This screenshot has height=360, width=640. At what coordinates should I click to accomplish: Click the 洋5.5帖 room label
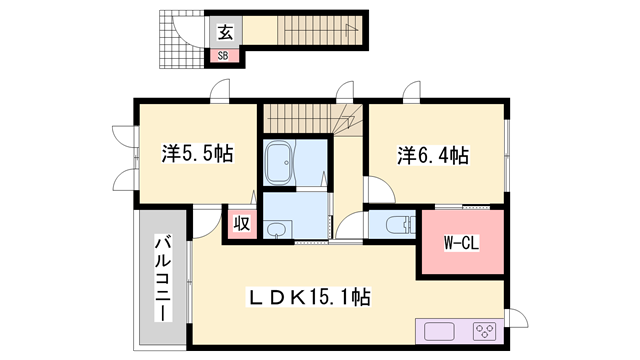[198, 155]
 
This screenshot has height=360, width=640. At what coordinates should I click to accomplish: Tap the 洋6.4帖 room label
[433, 155]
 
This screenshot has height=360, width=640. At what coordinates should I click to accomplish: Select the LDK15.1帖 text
[310, 297]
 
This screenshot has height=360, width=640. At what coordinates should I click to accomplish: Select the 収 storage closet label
[242, 223]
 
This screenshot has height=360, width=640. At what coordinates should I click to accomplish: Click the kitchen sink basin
[440, 331]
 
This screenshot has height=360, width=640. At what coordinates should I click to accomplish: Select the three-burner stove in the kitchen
[486, 331]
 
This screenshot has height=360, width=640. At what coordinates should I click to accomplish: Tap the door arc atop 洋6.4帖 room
[410, 95]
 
